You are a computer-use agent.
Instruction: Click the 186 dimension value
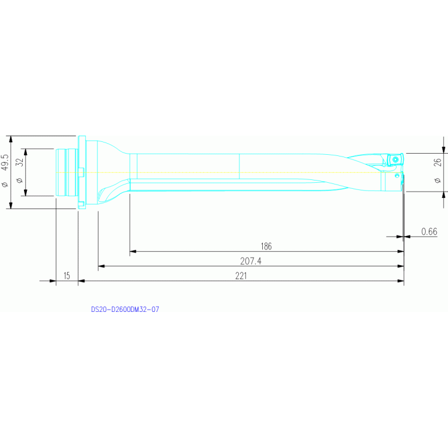click(x=266, y=246)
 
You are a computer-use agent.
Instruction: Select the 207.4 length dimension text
click(x=251, y=261)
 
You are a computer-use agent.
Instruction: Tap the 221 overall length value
click(x=241, y=276)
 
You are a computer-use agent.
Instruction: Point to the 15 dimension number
click(x=67, y=276)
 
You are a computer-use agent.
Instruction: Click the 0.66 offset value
click(x=429, y=231)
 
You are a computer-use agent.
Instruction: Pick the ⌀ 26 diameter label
click(x=437, y=171)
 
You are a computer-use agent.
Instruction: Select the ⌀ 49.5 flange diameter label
click(x=5, y=171)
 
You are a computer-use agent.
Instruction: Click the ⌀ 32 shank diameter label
click(x=19, y=171)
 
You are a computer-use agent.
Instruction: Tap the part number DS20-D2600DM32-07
click(x=125, y=310)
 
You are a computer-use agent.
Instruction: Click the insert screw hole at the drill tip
click(x=395, y=159)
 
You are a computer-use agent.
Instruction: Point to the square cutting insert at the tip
click(x=395, y=159)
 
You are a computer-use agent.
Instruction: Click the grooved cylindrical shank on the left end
click(x=67, y=172)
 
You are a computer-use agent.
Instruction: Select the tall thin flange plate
click(x=82, y=172)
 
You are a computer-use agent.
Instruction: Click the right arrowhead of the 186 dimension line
click(x=401, y=251)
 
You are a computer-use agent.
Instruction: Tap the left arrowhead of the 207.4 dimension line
click(x=102, y=266)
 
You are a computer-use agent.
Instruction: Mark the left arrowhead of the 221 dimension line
click(x=81, y=281)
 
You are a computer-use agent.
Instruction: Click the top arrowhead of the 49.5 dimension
click(x=11, y=139)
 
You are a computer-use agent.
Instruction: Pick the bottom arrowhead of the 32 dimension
click(x=26, y=193)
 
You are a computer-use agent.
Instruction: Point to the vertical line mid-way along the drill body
click(x=239, y=166)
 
